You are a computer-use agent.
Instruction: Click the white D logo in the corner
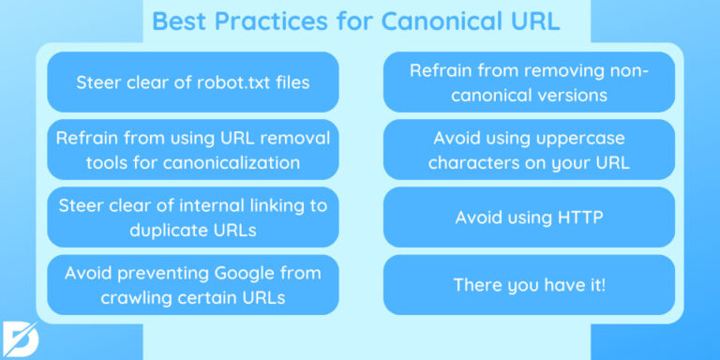[x=22, y=337]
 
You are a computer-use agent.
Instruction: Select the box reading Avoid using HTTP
[x=529, y=217]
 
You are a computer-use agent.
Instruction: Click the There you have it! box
[x=529, y=284]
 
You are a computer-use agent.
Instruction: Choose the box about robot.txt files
[x=192, y=82]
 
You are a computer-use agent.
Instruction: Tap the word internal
[x=182, y=205]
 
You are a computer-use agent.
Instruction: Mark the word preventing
[x=164, y=273]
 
